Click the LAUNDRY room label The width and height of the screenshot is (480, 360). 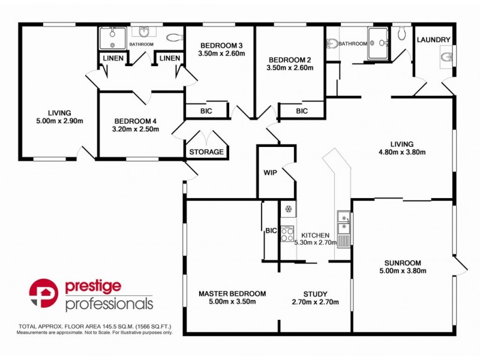pos(433,40)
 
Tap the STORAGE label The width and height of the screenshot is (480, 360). pos(206,152)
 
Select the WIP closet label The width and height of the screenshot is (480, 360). pos(269,172)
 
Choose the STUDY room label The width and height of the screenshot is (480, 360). pos(315,293)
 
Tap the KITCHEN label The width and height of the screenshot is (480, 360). pos(316,235)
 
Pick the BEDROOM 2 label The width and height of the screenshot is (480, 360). pos(290,59)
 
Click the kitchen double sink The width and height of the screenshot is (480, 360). pos(344,222)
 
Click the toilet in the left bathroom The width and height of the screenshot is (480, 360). pos(174,37)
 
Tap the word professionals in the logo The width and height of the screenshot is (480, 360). pos(109,304)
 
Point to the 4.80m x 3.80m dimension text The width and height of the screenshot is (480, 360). pos(401,152)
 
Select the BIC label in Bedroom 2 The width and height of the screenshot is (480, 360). pos(301,111)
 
